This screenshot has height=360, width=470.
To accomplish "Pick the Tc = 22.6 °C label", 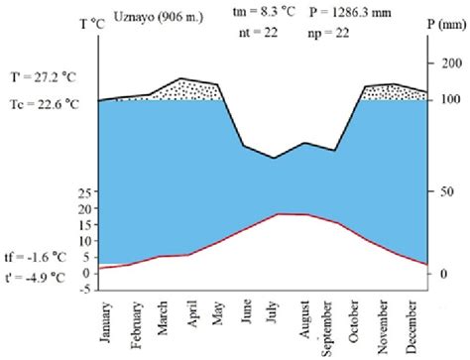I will [41, 104].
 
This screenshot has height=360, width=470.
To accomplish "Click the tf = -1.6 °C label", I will [37, 253].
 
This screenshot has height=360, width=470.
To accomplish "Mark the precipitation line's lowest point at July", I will [275, 158].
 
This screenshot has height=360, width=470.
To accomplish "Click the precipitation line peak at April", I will [181, 77].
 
